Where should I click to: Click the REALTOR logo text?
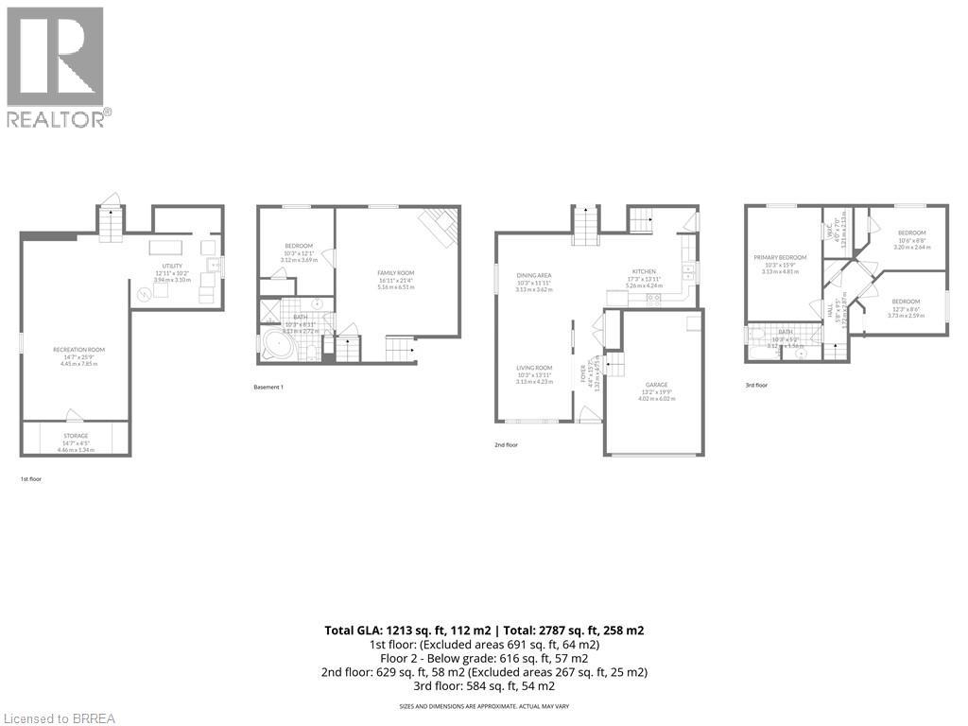(x=59, y=118)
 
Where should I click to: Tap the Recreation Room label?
(x=78, y=350)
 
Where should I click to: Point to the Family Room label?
(x=396, y=273)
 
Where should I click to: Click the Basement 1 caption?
(x=268, y=388)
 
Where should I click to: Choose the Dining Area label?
(x=534, y=275)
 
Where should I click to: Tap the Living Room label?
(x=534, y=368)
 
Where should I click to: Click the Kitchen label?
(x=644, y=271)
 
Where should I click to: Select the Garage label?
(x=656, y=385)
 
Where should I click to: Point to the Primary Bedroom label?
(x=780, y=257)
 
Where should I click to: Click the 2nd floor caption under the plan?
(x=506, y=444)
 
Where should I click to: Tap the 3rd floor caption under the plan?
(x=756, y=385)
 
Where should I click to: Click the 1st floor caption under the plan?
(x=31, y=479)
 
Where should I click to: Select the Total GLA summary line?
(x=484, y=630)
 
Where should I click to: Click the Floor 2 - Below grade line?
(x=484, y=658)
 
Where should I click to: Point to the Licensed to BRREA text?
(x=59, y=718)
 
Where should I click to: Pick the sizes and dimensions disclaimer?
(x=484, y=706)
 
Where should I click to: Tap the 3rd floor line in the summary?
(x=484, y=686)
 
